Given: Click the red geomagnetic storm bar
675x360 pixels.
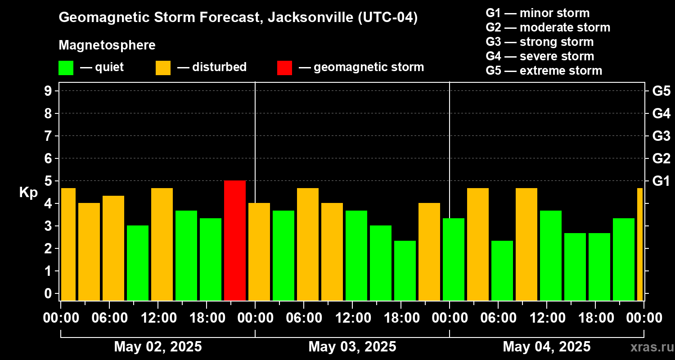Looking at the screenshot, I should point(235,240).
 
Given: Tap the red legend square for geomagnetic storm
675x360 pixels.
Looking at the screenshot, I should point(284,67).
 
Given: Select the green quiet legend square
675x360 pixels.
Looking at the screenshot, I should point(66,67).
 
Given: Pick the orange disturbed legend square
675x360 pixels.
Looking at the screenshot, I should point(163,67).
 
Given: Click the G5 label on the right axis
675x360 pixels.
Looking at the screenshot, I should point(661,91).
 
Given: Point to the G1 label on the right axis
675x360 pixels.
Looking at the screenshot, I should point(661,181).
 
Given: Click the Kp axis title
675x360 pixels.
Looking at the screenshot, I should point(28,193).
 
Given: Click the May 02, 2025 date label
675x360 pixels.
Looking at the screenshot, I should point(158,347).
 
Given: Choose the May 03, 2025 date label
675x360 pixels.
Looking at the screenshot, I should point(352,347).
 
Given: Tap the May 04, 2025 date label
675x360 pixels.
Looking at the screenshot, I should point(547,347).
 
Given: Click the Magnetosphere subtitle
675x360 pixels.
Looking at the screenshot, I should point(107,45).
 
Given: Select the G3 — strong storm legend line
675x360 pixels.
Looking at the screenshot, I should point(540,42).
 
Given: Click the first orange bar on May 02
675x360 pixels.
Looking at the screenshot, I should point(68,244).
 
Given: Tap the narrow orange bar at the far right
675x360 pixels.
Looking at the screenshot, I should point(640,244).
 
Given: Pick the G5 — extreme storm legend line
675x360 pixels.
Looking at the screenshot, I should point(544,71).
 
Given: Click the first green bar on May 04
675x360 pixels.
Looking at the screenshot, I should point(454,259).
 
